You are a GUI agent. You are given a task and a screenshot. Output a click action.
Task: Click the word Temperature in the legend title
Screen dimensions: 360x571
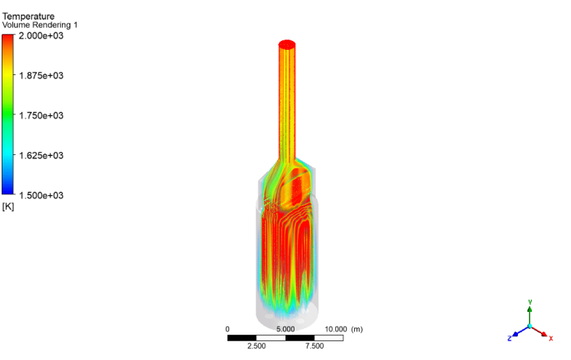click(29, 16)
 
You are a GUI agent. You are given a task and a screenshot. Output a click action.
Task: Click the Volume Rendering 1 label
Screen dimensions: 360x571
click(40, 25)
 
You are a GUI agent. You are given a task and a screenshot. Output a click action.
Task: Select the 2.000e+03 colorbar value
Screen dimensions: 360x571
click(42, 36)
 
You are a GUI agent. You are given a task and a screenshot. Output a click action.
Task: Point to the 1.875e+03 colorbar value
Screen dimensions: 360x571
click(42, 76)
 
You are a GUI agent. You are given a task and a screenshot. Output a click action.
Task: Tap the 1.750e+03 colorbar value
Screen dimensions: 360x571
click(42, 116)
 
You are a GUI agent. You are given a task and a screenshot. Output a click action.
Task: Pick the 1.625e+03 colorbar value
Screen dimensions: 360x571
click(42, 155)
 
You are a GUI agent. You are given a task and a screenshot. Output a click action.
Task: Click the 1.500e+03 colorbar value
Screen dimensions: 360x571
click(42, 195)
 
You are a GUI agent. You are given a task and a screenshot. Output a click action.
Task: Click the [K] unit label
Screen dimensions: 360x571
click(9, 207)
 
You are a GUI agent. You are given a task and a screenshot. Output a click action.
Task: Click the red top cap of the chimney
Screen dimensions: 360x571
click(287, 44)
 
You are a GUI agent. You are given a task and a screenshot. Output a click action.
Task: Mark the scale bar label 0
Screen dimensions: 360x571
click(228, 329)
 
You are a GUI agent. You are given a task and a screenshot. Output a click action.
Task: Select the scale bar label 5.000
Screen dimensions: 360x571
click(285, 329)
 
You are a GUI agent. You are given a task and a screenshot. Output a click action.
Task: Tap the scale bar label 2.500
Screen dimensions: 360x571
click(256, 346)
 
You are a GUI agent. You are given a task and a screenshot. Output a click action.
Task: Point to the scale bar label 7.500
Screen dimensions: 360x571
click(314, 346)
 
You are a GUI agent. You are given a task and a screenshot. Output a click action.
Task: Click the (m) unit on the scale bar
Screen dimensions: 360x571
click(356, 329)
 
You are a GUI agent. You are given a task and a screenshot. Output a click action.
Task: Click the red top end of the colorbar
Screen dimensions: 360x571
click(8, 38)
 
